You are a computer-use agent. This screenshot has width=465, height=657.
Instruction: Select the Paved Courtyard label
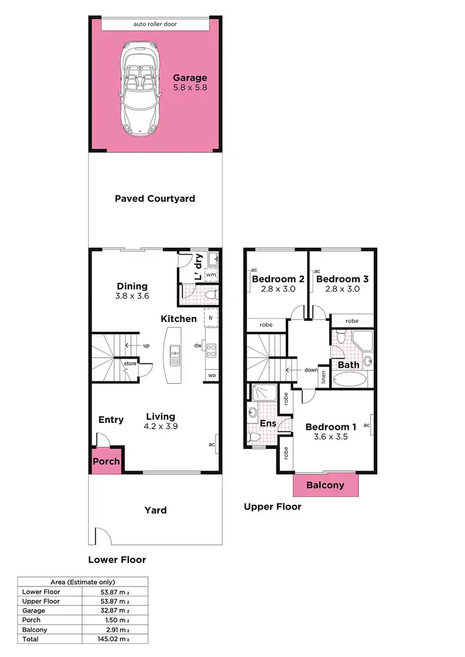pos(155,199)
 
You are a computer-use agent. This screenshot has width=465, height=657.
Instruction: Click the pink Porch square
pos(106,461)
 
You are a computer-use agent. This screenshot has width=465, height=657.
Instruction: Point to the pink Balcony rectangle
pos(325,485)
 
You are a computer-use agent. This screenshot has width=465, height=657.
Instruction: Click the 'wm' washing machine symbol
pos(211,274)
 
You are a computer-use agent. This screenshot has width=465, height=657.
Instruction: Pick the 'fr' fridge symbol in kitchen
pos(211,317)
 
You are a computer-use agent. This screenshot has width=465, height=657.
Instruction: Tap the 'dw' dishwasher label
pos(198,346)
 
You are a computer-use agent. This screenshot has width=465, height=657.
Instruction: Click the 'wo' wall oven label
pos(211,376)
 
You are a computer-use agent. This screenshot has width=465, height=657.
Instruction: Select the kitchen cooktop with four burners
pos(211,351)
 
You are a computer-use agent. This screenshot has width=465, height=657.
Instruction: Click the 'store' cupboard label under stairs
pos(130,363)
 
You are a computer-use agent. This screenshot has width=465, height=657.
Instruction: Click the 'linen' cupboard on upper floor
pos(324,376)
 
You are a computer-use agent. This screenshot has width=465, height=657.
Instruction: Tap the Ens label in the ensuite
pos(268,424)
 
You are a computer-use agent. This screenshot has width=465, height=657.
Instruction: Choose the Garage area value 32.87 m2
pos(115,610)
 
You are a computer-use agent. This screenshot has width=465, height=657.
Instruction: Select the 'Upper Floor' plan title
pos(272,507)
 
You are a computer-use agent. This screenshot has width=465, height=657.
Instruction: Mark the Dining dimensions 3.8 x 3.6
pos(132,297)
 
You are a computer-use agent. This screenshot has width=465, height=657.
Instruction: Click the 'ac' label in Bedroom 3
pos(317,271)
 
